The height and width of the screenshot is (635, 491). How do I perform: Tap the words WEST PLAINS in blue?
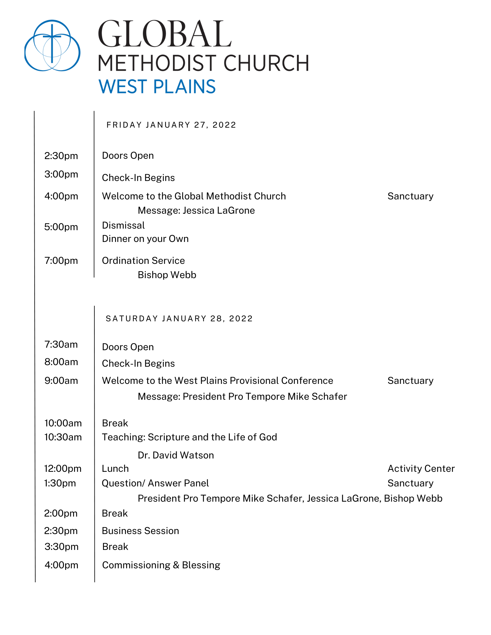pos(157,87)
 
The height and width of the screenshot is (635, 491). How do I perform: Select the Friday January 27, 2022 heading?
pos(171,125)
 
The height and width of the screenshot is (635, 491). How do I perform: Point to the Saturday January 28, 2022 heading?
pos(179,318)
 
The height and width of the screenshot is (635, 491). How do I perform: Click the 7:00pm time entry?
pos(61,261)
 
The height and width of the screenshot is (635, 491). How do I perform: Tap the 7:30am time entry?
pos(61,344)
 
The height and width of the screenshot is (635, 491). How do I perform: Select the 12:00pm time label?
pos(63,469)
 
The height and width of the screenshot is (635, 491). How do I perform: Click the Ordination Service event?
pos(143,261)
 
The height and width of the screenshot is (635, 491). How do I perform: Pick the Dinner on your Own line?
pos(145,239)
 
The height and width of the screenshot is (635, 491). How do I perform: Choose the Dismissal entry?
pos(123,225)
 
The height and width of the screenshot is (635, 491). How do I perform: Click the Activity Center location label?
pos(421,469)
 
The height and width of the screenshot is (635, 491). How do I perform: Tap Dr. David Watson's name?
pos(176,455)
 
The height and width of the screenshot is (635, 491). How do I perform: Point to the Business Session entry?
pos(140,531)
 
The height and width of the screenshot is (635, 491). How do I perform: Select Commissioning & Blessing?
pos(161,565)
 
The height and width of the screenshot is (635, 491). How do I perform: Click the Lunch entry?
pos(115,469)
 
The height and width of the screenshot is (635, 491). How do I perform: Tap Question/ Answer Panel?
pos(155,483)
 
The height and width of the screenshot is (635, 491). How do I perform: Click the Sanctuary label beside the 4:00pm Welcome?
pos(410,196)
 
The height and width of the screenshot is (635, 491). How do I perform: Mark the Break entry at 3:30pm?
pos(115,547)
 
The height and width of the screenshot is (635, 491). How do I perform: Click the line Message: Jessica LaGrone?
pos(196,211)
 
